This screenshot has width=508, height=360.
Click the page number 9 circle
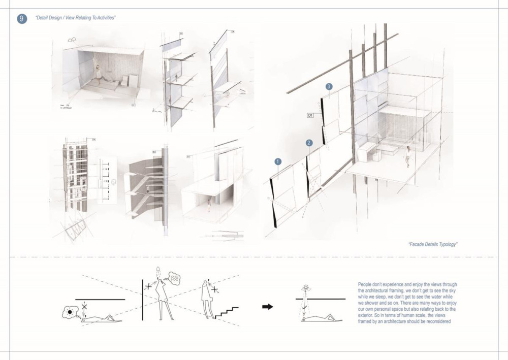(22, 18)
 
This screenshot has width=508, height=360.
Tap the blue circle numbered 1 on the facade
(278, 161)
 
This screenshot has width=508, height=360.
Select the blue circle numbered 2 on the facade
(309, 143)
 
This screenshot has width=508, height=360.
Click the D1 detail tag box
(310, 116)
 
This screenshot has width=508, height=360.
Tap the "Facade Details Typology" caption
(433, 244)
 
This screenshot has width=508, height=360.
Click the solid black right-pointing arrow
(268, 306)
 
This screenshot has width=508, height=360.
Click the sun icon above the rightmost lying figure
(306, 288)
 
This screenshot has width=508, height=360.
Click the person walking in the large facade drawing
(407, 156)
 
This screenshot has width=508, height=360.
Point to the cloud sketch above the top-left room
(72, 39)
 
